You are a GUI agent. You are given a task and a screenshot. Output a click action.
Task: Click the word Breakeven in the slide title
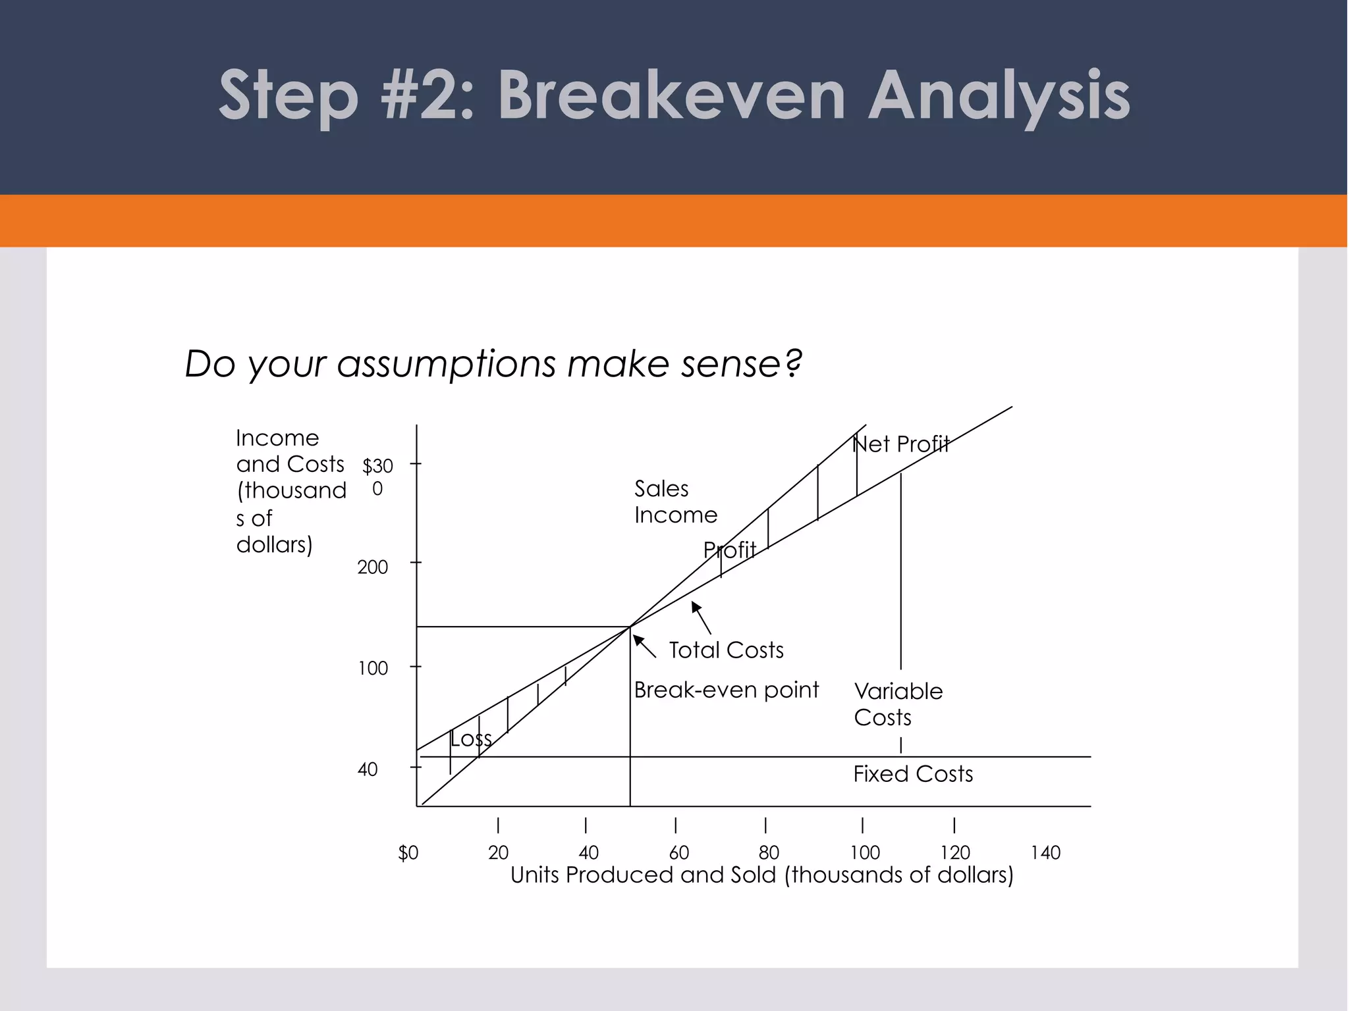point(671,96)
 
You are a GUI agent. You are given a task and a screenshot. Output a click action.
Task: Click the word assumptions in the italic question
point(446,364)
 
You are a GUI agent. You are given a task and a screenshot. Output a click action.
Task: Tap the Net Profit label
point(900,444)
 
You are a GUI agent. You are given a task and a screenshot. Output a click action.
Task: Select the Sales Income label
point(675,502)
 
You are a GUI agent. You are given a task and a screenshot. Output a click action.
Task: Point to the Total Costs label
point(726,650)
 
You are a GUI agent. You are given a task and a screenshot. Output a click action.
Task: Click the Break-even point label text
point(726,690)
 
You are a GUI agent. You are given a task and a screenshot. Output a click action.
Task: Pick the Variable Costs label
point(897,704)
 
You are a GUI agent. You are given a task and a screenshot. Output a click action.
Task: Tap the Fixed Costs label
point(912,774)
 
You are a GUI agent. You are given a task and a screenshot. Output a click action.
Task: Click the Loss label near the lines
point(471,739)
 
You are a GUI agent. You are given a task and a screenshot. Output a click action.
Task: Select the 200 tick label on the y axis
point(373,567)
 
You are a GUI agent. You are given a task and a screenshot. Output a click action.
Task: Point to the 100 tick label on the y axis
point(373,669)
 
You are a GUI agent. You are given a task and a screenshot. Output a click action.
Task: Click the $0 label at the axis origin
point(408,853)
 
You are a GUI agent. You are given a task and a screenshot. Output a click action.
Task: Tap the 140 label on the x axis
point(1045,853)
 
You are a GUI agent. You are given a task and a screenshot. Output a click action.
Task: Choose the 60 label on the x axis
point(678,853)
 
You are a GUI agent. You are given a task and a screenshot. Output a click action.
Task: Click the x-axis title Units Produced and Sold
point(761,875)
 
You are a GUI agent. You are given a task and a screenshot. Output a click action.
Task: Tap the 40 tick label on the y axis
point(368,769)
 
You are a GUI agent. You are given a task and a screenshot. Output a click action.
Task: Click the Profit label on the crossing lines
point(729,550)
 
